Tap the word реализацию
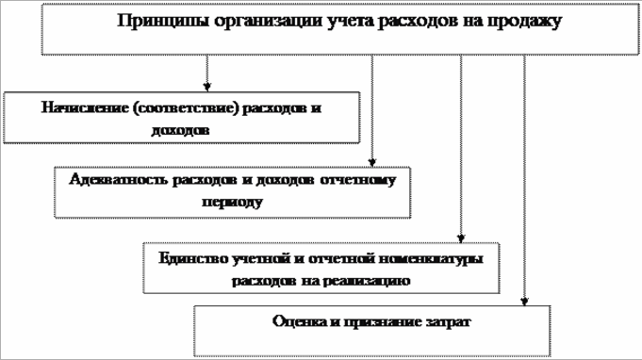click(369, 280)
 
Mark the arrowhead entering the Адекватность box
click(373, 160)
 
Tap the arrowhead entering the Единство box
click(461, 237)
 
